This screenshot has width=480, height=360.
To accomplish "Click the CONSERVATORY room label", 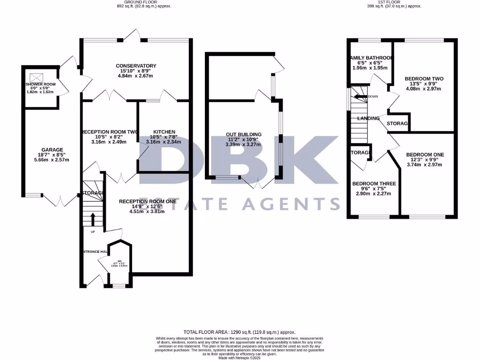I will click(x=136, y=66).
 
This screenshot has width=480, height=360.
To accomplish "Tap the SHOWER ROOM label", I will click(x=40, y=84).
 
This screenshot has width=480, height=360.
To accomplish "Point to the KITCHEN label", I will click(x=164, y=132).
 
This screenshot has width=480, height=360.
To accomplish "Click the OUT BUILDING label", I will click(x=243, y=135).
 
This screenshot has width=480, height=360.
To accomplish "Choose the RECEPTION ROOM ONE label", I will click(x=148, y=201).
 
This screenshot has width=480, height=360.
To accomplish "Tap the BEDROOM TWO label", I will click(x=424, y=79).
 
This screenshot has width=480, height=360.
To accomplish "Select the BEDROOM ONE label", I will click(x=425, y=155).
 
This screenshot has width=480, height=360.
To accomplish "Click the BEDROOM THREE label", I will click(x=374, y=183).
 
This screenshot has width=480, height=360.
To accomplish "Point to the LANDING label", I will click(x=368, y=118).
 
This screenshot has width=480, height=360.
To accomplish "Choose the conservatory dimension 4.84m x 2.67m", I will click(x=136, y=76).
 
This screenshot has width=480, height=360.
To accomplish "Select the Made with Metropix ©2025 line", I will click(x=240, y=358).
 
